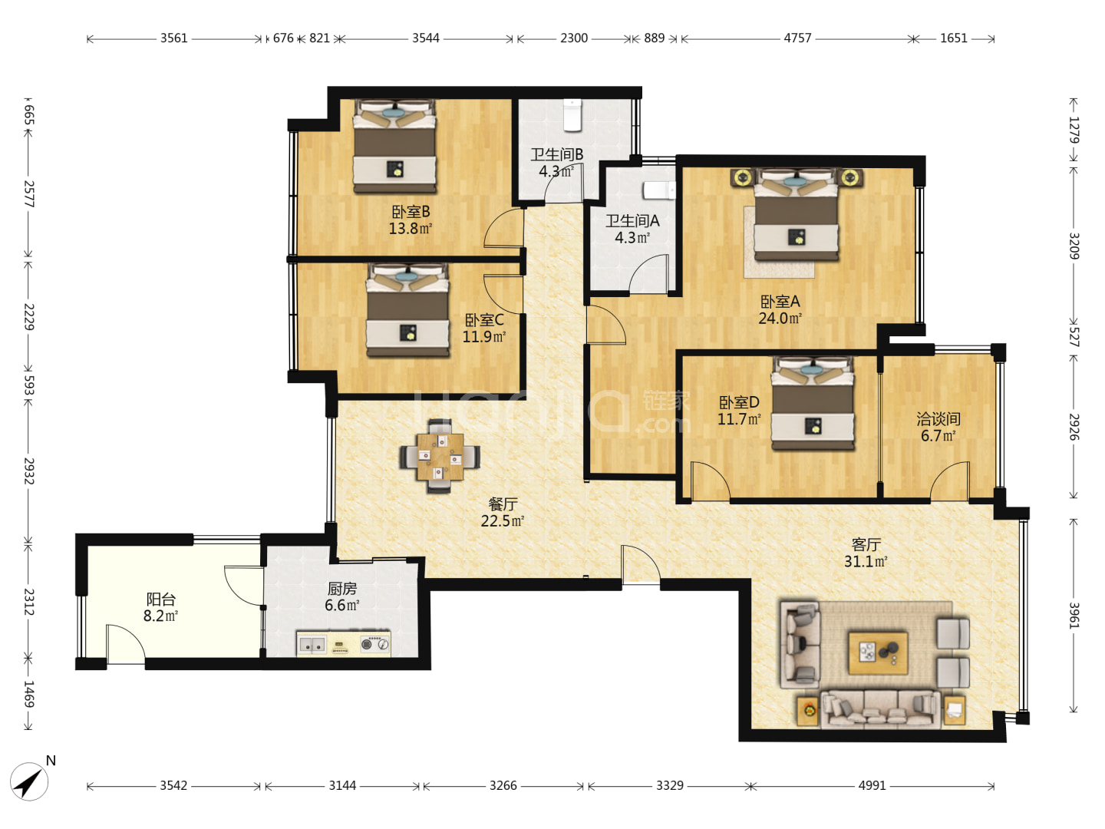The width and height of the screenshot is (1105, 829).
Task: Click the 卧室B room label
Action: (411, 211)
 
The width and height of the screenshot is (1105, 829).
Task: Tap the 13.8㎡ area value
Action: (411, 229)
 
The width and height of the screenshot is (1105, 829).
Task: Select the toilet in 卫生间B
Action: (572, 115)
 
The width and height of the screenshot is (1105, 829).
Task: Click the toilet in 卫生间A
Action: (659, 190)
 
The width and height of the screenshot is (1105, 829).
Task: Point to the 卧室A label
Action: (780, 302)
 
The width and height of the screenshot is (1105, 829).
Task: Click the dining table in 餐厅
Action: (440, 456)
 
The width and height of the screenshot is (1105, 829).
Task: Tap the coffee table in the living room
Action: (878, 653)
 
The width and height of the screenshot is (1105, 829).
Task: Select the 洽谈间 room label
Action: (938, 419)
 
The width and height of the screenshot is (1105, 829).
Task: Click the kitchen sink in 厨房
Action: (312, 644)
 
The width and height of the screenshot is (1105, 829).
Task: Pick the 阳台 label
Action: (160, 599)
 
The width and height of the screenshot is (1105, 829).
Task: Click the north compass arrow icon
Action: (29, 781)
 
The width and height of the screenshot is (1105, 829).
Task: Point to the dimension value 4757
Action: (797, 38)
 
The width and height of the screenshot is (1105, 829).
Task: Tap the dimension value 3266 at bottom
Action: (503, 785)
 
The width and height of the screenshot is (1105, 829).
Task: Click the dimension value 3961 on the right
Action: (1074, 615)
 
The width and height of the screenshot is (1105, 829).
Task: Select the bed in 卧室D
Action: (813, 403)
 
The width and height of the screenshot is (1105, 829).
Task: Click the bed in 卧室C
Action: (407, 310)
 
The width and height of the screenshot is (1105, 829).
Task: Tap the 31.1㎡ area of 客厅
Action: (866, 561)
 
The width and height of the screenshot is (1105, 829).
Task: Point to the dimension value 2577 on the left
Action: (28, 193)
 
